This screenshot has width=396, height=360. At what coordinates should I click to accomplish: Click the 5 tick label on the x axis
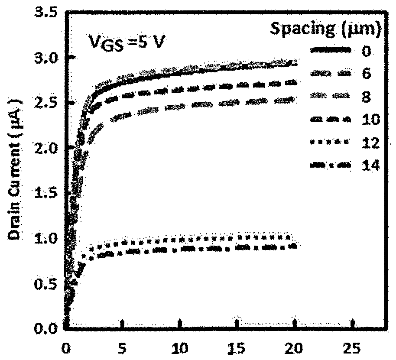[x=122, y=348]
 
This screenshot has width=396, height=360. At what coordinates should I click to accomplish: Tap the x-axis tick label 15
[x=237, y=348]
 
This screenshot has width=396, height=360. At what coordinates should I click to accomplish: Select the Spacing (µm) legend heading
[x=326, y=29]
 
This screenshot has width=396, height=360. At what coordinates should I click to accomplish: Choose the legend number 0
[x=366, y=51]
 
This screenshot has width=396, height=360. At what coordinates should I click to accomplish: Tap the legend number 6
[x=366, y=74]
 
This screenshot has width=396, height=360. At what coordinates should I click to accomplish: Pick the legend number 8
[x=366, y=97]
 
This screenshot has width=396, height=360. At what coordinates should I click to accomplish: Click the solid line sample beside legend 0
[x=331, y=50]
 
